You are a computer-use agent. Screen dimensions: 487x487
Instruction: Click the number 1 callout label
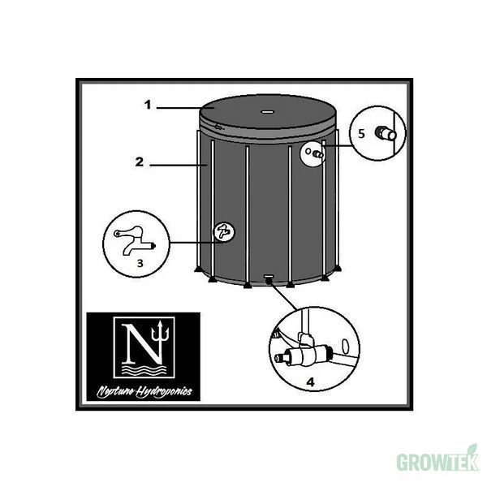tap(148, 105)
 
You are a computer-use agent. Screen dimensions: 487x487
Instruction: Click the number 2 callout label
tap(140, 162)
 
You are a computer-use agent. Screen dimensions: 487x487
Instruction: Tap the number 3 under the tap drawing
tap(140, 263)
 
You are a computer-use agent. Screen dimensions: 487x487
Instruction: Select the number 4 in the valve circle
tap(310, 381)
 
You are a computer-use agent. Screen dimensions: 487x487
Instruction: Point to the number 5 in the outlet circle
tap(361, 134)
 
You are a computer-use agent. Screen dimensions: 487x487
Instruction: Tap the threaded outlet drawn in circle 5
tap(386, 133)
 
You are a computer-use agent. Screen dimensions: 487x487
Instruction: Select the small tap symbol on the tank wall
tap(224, 231)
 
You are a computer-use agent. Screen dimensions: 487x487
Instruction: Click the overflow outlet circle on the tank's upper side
tap(312, 153)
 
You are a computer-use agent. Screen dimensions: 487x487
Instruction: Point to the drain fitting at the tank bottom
tap(269, 281)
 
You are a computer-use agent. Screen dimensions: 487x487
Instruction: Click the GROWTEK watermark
tap(437, 462)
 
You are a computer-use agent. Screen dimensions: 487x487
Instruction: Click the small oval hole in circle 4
tap(344, 345)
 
